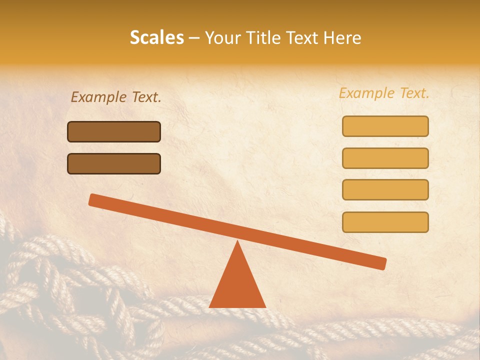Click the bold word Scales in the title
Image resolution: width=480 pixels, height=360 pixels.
pos(157,38)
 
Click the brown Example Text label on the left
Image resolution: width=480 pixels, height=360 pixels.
pos(116,97)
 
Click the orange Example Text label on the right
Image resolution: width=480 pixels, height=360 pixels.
pos(384,93)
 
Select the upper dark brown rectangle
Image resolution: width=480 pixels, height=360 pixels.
pos(114,131)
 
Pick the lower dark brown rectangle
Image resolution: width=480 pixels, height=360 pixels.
pos(114,163)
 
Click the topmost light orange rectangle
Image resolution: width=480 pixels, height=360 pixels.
pos(385,126)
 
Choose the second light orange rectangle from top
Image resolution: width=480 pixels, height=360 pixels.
pos(385,158)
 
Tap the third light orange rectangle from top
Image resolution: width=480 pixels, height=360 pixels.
pos(385,189)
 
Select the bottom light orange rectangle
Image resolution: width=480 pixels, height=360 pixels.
pos(385,222)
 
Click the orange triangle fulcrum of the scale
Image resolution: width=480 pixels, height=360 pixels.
pos(237,285)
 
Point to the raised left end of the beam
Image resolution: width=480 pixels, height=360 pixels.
pos(93,199)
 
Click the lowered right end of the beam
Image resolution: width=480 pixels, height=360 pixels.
pos(382,263)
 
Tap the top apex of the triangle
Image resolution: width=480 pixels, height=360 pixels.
pos(237,242)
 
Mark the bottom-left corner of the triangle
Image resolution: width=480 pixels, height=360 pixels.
pos(210,306)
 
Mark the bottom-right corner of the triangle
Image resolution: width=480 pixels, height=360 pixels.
pos(265,306)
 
